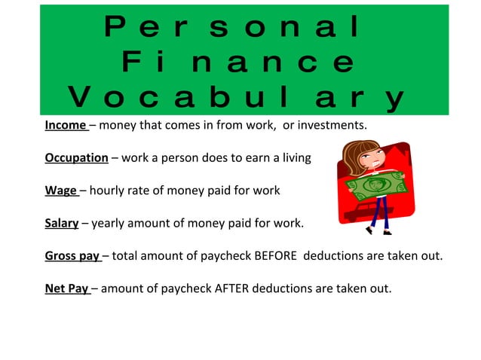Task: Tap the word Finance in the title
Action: tap(237, 62)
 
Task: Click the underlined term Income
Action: tap(66, 125)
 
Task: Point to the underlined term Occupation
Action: tap(76, 158)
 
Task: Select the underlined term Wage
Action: tap(60, 191)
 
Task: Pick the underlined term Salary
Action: tap(62, 223)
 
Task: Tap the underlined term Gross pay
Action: tap(72, 255)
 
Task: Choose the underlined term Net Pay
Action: tap(66, 288)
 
